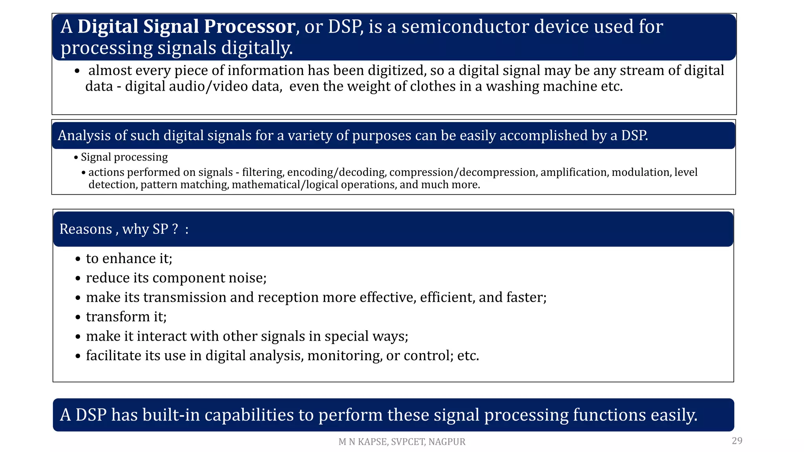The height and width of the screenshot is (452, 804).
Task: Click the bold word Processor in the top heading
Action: pos(249,27)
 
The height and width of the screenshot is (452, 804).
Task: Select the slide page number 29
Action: pos(737,441)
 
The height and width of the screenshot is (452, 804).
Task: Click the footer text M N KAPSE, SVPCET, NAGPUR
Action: pos(402,442)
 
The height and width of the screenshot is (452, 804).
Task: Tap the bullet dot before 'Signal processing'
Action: pos(76,158)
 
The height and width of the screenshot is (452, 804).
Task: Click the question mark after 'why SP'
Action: pos(175,229)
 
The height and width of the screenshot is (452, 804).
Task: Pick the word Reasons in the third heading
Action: pos(86,229)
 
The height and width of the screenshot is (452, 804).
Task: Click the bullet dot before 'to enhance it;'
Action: pos(78,259)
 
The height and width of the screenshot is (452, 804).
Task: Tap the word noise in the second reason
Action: pos(249,278)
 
